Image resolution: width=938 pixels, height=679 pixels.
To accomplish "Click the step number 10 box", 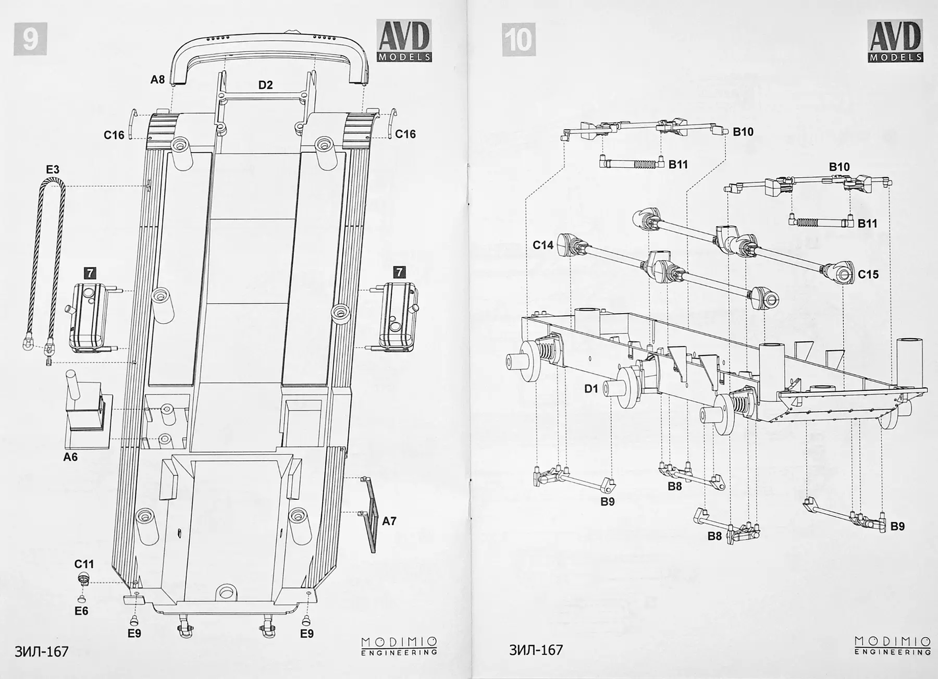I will click(x=519, y=39).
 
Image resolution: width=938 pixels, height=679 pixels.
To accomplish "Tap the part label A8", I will click(x=157, y=80).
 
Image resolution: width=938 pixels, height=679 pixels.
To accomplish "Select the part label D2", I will click(x=265, y=85).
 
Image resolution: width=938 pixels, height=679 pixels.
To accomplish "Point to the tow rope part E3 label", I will click(x=53, y=169).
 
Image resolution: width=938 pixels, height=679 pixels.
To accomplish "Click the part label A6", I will click(x=70, y=457).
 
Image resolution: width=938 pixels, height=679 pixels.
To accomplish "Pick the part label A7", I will click(x=389, y=521).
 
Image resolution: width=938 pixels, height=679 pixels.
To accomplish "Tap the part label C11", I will click(x=84, y=564).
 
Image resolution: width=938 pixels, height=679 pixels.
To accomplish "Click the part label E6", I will click(x=81, y=611).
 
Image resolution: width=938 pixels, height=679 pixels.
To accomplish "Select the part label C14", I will click(x=543, y=244).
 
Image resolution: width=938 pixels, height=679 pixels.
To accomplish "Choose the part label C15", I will click(x=868, y=274).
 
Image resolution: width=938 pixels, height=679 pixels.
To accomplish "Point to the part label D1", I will click(x=591, y=388).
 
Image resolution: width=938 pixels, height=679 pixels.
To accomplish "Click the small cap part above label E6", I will click(x=83, y=577).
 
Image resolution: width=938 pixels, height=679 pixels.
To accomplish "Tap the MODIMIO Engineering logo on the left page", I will click(x=399, y=646).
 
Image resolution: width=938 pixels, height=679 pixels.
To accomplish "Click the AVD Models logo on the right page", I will click(x=895, y=41).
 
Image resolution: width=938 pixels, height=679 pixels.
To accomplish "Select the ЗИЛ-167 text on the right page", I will click(x=536, y=650).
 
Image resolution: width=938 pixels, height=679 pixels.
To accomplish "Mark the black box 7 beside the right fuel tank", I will click(x=399, y=272).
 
